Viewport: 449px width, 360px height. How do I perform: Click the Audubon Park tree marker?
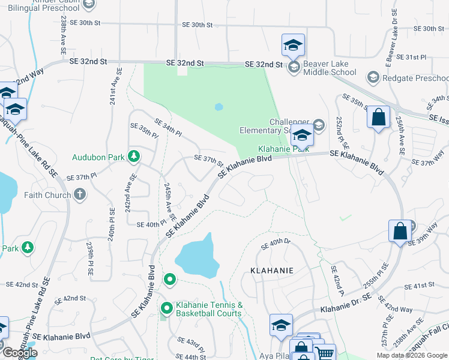point(133,157)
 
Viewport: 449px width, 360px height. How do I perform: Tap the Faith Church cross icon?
point(80,194)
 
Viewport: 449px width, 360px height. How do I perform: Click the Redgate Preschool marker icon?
point(373,77)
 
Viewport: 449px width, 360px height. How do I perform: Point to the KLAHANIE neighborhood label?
point(272,271)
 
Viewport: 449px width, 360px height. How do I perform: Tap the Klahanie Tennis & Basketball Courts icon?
point(167,308)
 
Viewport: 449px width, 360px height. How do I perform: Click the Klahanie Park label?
point(283,149)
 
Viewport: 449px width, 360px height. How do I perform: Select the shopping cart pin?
point(324,354)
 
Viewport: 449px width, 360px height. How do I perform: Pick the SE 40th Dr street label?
point(276,244)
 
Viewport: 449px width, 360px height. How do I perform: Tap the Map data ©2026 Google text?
point(411,355)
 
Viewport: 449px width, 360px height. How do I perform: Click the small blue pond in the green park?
point(218,107)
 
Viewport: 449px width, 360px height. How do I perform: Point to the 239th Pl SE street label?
point(89,259)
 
